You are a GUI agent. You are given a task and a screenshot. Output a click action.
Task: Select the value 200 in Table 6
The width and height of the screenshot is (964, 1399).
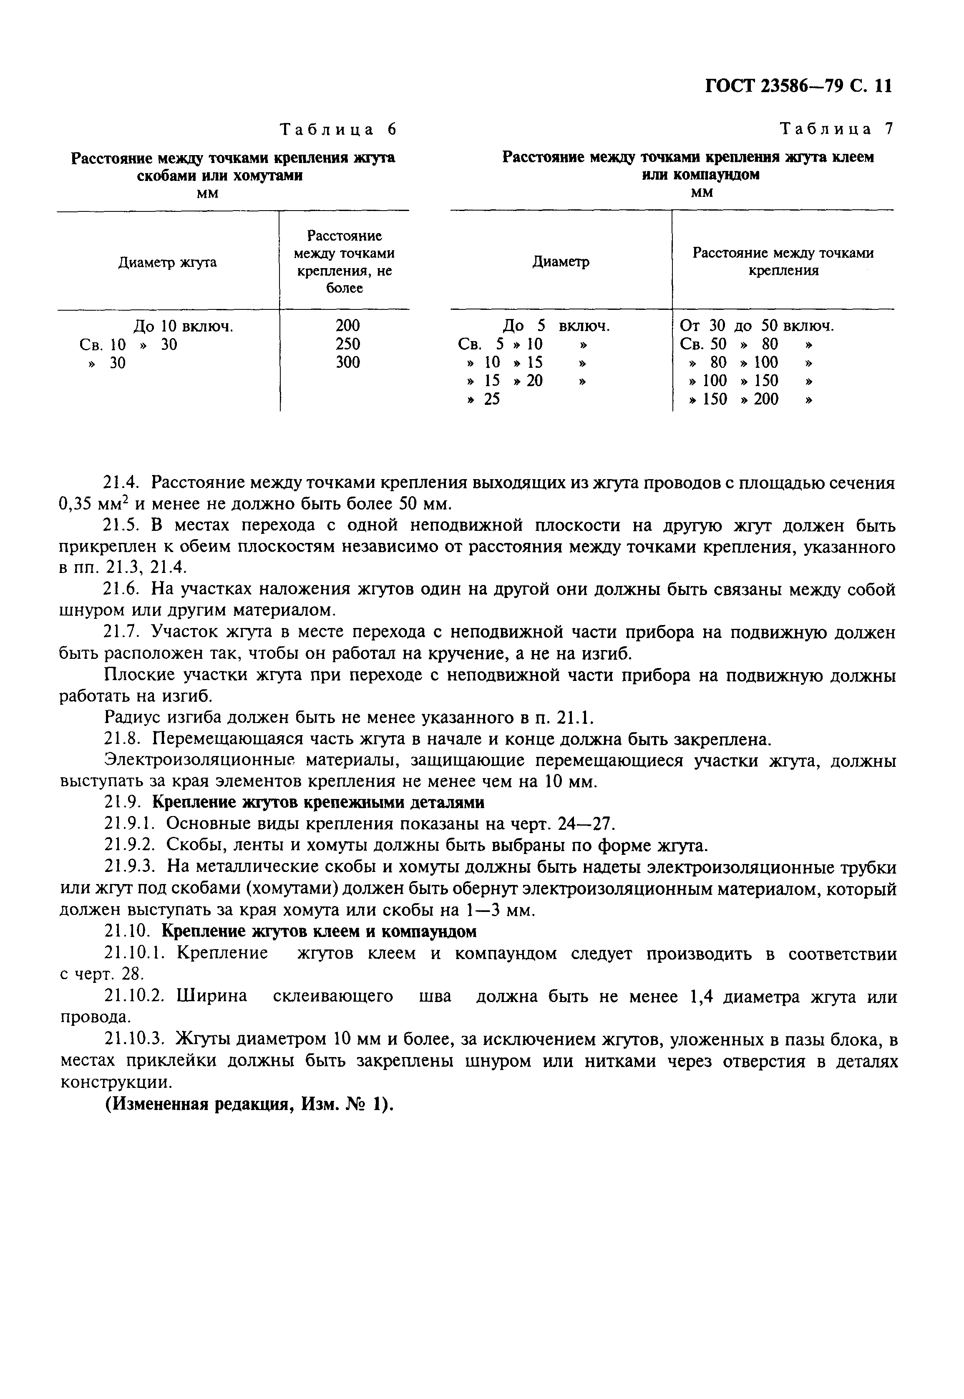tap(347, 326)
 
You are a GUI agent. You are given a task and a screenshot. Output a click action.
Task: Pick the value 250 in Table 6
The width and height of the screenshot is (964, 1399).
tap(347, 344)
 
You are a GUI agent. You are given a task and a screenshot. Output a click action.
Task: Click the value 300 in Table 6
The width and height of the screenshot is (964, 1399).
tap(347, 362)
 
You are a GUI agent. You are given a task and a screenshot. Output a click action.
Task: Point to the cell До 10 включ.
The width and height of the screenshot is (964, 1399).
tap(183, 327)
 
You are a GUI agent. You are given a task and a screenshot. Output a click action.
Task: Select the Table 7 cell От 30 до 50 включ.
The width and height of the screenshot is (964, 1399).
tap(757, 326)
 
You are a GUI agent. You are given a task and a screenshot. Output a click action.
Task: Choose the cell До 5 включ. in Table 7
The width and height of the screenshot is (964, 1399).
tap(556, 326)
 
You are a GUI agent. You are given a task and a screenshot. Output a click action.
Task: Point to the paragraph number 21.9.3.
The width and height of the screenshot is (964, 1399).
tap(131, 868)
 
